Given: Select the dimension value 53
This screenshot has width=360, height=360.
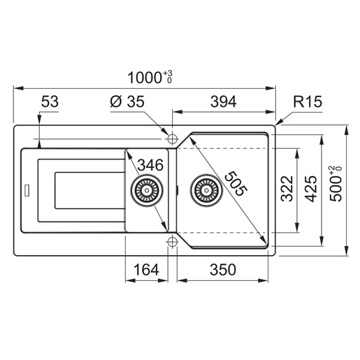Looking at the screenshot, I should click(x=50, y=102).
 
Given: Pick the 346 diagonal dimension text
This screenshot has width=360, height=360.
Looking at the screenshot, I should click(x=150, y=166).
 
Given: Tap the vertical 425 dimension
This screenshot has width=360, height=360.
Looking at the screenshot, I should click(x=312, y=187).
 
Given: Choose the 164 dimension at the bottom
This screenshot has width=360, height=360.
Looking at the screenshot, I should click(x=145, y=268).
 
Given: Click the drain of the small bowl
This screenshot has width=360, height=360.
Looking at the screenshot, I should click(x=146, y=188).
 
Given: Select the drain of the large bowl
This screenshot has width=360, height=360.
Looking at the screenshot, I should click(x=205, y=188).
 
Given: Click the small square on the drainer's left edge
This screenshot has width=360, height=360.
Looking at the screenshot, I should click(x=27, y=188).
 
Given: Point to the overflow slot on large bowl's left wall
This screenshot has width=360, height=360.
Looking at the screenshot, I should click(x=180, y=188).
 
